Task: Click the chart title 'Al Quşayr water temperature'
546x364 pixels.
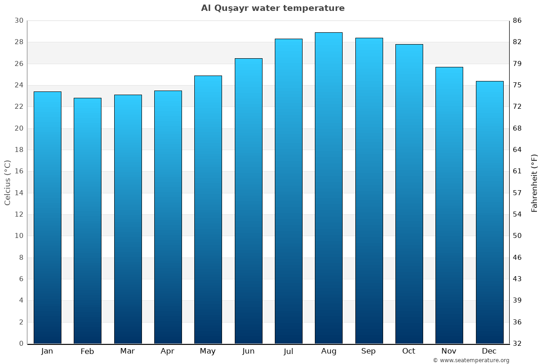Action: point(273,8)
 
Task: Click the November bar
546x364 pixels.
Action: point(449,205)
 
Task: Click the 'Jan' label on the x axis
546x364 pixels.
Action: point(47,351)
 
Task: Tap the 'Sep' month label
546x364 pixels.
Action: point(369,351)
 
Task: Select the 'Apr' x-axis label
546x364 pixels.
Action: point(168,351)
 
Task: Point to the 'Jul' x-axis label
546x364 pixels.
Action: point(288,351)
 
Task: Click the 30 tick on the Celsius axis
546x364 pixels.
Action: point(19,20)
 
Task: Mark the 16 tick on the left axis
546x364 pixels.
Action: point(19,172)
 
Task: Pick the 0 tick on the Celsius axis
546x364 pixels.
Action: point(21,344)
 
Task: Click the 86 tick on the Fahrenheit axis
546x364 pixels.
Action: point(518,20)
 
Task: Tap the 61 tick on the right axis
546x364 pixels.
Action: point(518,172)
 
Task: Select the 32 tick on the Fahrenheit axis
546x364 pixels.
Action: point(518,344)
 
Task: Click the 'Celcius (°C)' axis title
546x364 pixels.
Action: point(7,182)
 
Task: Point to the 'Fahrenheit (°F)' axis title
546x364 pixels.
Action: point(535,182)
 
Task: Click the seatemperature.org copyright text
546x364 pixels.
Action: point(471,360)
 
